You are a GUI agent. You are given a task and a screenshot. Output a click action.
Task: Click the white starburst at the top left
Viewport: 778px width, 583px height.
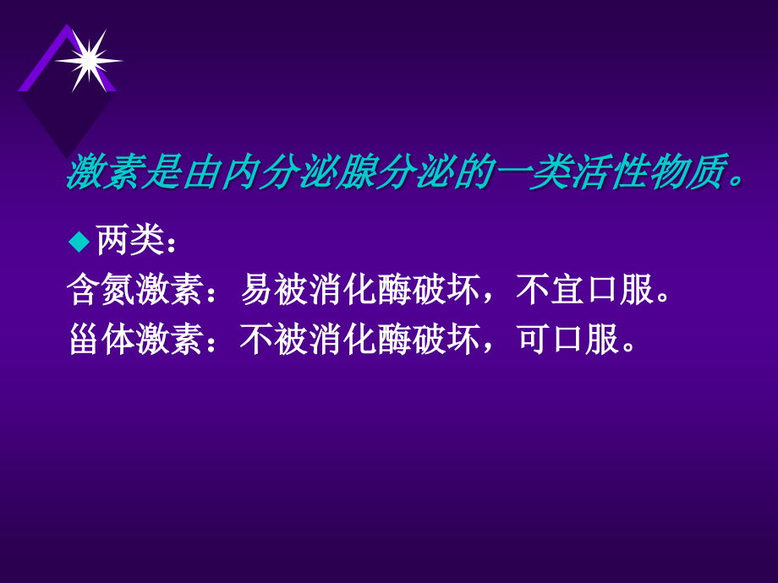(x=88, y=60)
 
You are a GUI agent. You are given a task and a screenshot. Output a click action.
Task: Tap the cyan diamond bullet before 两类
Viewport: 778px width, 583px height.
(x=79, y=242)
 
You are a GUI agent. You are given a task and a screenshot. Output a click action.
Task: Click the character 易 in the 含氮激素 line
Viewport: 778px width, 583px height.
(x=257, y=291)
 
